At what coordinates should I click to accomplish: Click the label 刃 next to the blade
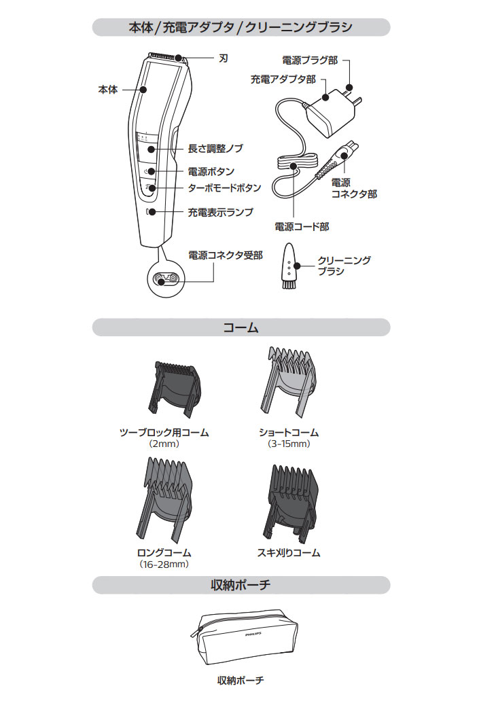(x=223, y=58)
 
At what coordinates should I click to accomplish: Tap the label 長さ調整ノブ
(x=215, y=148)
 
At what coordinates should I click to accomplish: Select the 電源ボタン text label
(x=211, y=172)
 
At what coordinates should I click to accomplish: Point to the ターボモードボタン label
(x=225, y=187)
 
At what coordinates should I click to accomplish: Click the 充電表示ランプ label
(x=221, y=213)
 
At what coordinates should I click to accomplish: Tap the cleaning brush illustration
(x=289, y=266)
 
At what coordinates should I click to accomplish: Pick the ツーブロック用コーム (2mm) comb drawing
(x=174, y=389)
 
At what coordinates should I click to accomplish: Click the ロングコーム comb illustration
(x=165, y=499)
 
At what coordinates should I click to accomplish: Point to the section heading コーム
(x=241, y=327)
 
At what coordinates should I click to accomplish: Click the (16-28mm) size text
(x=164, y=565)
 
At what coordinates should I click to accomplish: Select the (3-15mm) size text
(x=289, y=444)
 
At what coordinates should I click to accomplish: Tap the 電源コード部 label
(x=302, y=227)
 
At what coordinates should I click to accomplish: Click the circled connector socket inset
(x=165, y=278)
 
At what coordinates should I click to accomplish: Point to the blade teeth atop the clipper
(x=165, y=56)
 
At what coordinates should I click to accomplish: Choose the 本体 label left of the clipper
(x=108, y=90)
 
